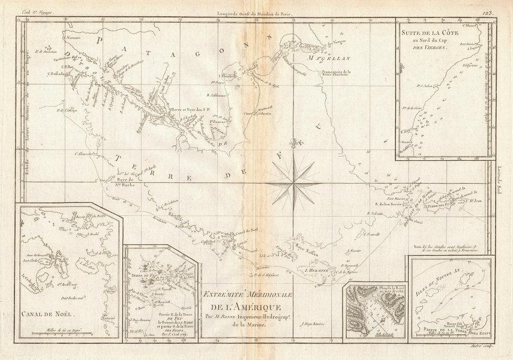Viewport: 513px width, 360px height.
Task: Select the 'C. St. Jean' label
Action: [x=470, y=203]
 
